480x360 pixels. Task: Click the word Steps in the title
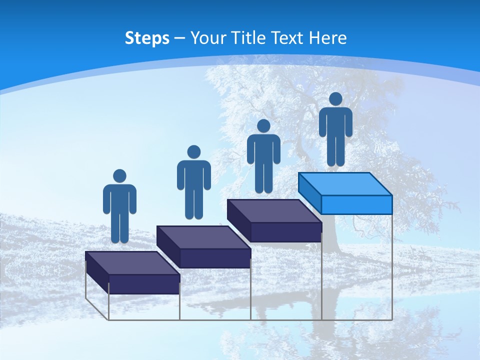[147, 38]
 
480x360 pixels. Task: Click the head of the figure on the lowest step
[119, 176]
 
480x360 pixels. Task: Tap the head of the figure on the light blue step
[335, 99]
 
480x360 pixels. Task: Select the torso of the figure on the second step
[193, 174]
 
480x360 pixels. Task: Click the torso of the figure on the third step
[263, 148]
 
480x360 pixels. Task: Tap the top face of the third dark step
[274, 210]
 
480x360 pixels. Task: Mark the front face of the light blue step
[356, 204]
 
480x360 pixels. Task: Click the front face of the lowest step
[144, 283]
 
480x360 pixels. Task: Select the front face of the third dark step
[285, 232]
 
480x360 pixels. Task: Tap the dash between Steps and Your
[179, 39]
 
